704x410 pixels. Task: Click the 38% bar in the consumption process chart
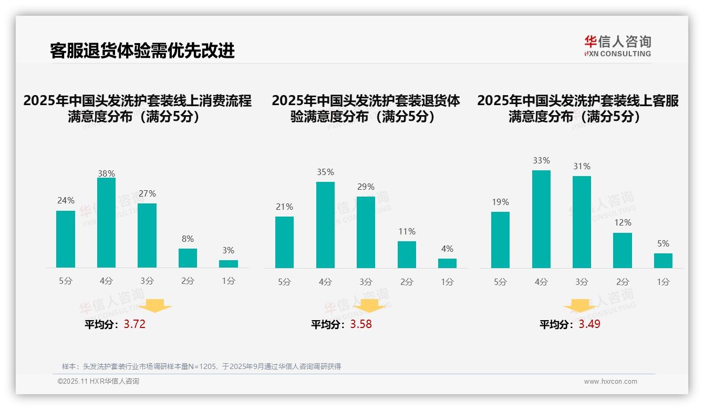click(106, 223)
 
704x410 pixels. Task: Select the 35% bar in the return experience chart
click(325, 225)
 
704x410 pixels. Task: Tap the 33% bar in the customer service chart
click(541, 219)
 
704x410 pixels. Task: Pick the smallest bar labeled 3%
click(229, 264)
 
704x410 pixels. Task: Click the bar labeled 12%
click(623, 250)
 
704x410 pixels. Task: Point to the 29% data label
click(366, 187)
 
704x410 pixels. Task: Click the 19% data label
click(500, 202)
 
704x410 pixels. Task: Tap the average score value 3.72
click(134, 324)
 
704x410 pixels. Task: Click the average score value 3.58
click(361, 324)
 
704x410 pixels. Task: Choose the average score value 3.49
click(589, 324)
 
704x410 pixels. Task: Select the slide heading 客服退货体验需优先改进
click(142, 50)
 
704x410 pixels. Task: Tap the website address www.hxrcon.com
click(610, 382)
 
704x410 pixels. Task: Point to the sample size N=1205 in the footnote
click(198, 366)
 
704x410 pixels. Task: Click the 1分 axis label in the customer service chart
click(663, 282)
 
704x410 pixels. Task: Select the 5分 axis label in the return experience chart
click(284, 282)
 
